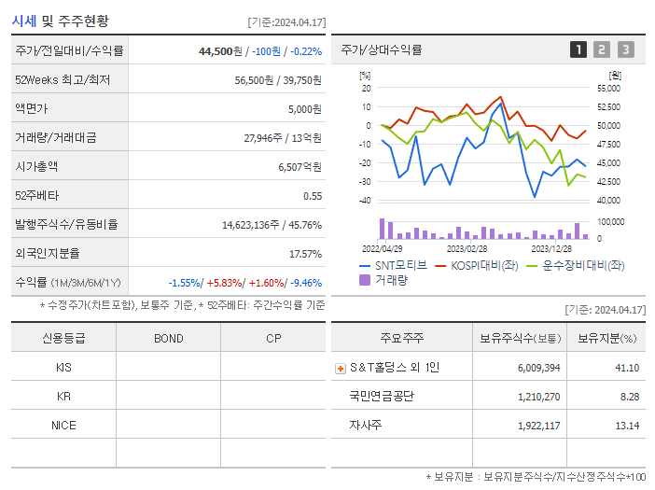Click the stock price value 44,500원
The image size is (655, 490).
tap(220, 51)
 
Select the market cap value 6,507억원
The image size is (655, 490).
tap(300, 167)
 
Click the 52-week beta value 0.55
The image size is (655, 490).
tap(313, 196)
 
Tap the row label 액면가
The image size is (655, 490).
tap(34, 109)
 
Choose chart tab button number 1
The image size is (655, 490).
tap(578, 50)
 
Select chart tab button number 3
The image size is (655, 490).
tap(625, 50)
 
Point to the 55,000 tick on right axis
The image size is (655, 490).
tap(608, 88)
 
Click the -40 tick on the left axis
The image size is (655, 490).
tap(365, 200)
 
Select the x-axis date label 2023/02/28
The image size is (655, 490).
tap(467, 249)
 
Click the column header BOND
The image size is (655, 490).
tap(169, 338)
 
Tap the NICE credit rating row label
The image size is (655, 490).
tap(63, 425)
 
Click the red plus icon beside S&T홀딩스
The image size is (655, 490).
tap(340, 369)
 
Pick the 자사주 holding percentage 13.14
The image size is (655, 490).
tap(627, 426)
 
